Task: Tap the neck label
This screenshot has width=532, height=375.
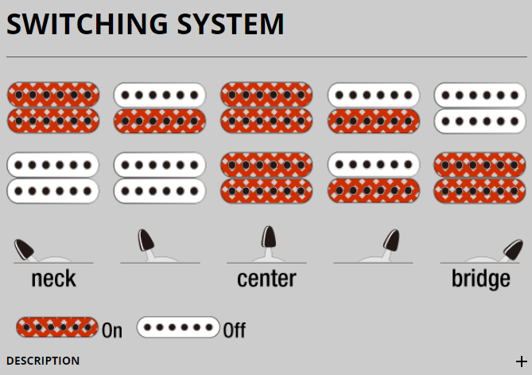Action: [x=53, y=279]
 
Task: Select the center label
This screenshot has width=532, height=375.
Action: [x=266, y=279]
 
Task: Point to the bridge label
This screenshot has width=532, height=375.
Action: [x=480, y=279]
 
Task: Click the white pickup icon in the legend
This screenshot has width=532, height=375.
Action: [x=178, y=327]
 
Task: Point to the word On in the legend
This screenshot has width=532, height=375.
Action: [x=112, y=330]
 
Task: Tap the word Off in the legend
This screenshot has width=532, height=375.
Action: [x=234, y=330]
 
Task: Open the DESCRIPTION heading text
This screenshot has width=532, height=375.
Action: [x=43, y=361]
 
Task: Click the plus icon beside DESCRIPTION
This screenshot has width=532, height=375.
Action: [x=521, y=361]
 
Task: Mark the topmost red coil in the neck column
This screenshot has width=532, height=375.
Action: [x=52, y=95]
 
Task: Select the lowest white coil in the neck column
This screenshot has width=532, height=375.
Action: [x=52, y=191]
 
